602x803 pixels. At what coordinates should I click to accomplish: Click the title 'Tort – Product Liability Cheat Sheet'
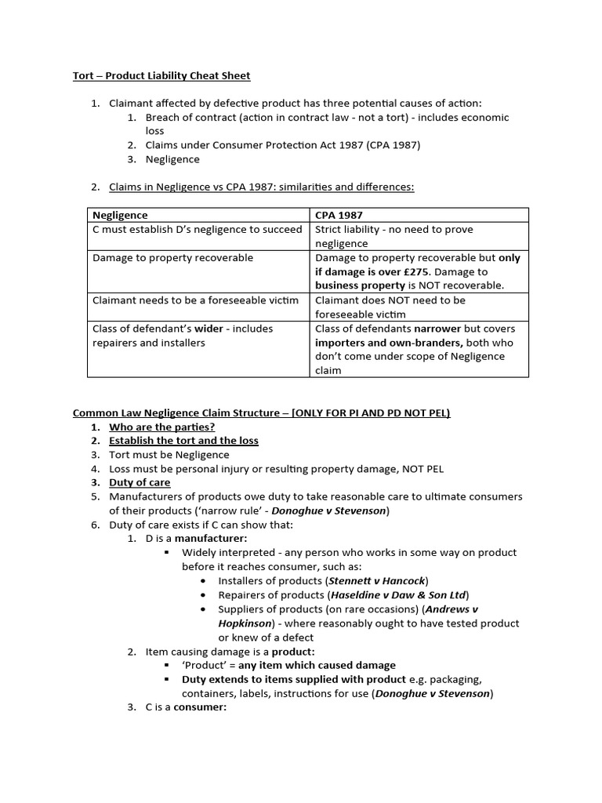(161, 75)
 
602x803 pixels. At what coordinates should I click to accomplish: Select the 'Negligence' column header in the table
(120, 215)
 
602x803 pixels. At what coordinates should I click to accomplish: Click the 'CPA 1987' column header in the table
(339, 215)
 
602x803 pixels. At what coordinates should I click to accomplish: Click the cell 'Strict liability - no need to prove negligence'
(393, 236)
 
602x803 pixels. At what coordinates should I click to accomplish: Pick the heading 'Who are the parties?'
(161, 427)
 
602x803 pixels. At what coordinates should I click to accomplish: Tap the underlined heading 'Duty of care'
(139, 482)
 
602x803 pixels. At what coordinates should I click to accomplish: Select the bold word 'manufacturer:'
(211, 539)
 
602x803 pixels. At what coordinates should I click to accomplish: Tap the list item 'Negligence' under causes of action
(172, 159)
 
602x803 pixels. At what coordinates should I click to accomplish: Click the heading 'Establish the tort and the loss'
(183, 441)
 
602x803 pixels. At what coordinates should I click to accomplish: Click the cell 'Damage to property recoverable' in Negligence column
(173, 257)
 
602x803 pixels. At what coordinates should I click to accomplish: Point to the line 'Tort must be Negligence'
(169, 455)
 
